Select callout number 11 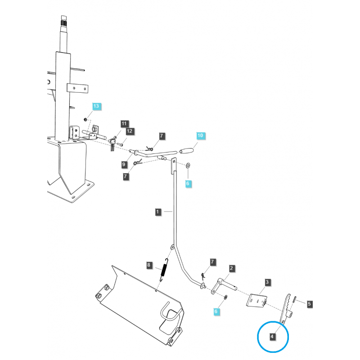(x=124, y=124)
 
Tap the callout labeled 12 (x=130, y=131)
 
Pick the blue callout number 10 (x=200, y=135)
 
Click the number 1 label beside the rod (x=157, y=211)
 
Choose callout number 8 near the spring (x=149, y=265)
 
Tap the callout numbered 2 (x=231, y=269)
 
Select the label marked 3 (x=267, y=283)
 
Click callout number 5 (x=309, y=304)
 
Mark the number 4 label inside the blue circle (x=272, y=336)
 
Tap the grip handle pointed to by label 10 (x=186, y=149)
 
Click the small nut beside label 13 (x=85, y=120)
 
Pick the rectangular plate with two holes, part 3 (x=257, y=300)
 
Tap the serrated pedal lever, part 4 (x=287, y=306)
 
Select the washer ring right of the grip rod (x=188, y=166)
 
